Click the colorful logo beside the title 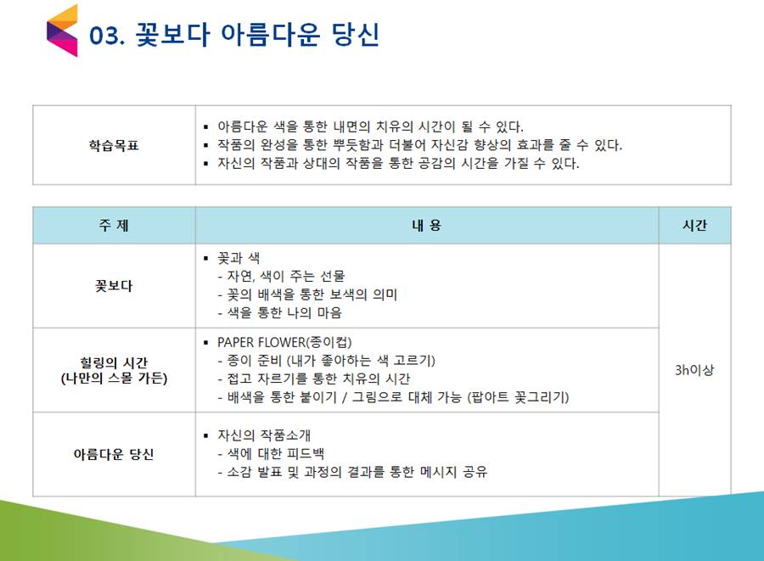click(62, 31)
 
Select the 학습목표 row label click(114, 145)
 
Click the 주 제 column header click(114, 225)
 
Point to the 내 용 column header click(427, 225)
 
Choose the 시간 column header click(694, 225)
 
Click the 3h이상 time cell click(694, 370)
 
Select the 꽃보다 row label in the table click(114, 286)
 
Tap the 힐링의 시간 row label click(114, 362)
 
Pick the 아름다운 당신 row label click(114, 454)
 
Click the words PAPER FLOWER click(261, 342)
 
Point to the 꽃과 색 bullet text click(239, 258)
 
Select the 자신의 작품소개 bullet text click(264, 435)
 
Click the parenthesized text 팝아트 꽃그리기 click(518, 397)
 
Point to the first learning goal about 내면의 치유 click(370, 126)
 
